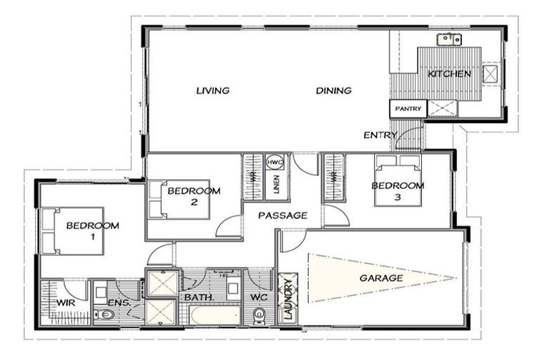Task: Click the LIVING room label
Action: click(x=213, y=91)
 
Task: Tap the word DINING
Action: click(x=333, y=91)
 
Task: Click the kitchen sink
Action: click(x=448, y=39)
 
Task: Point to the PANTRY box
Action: click(x=408, y=109)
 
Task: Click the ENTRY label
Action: click(x=375, y=135)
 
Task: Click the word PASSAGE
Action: click(x=282, y=216)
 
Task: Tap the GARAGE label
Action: click(x=381, y=278)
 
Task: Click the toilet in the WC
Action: click(x=259, y=317)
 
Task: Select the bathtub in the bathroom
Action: click(x=214, y=315)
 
